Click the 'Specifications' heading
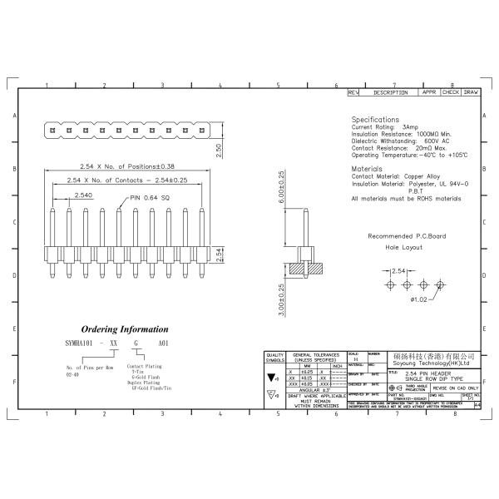[374, 120]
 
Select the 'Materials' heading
[367, 169]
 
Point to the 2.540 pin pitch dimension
[83, 195]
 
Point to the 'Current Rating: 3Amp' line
[385, 127]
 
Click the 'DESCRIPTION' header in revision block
[390, 92]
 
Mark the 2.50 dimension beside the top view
[218, 150]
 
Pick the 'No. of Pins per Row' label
[90, 367]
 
